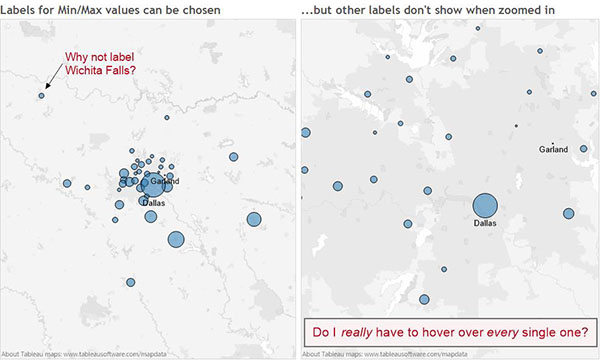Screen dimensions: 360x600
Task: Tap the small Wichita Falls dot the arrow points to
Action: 41,96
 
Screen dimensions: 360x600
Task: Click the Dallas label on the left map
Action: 152,202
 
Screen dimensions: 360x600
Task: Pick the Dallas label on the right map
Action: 484,223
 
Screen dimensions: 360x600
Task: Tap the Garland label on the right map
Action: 553,149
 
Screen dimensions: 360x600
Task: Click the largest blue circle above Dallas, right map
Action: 484,205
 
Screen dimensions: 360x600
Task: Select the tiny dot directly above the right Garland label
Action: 553,141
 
